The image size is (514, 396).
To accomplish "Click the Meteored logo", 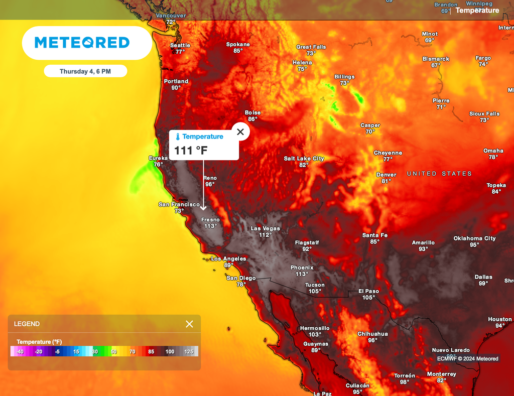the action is pyautogui.click(x=82, y=43).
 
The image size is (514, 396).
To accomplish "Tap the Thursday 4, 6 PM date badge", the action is pyautogui.click(x=85, y=71).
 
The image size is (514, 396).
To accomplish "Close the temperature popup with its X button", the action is pyautogui.click(x=240, y=132).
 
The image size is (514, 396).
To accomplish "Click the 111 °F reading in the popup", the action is pyautogui.click(x=191, y=150).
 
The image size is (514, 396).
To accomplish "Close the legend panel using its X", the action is pyautogui.click(x=189, y=324).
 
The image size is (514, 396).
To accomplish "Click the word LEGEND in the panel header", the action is pyautogui.click(x=27, y=324).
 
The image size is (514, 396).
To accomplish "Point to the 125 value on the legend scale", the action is pyautogui.click(x=189, y=351).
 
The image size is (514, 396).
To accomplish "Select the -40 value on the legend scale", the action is pyautogui.click(x=20, y=351).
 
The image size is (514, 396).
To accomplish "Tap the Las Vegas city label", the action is pyautogui.click(x=265, y=228).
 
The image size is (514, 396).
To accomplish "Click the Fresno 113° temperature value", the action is pyautogui.click(x=210, y=226).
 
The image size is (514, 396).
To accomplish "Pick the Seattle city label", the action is pyautogui.click(x=180, y=45).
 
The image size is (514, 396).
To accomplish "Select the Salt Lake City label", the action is pyautogui.click(x=304, y=159).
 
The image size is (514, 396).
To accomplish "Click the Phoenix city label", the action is pyautogui.click(x=302, y=268).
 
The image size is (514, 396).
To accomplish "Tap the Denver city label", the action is pyautogui.click(x=386, y=175).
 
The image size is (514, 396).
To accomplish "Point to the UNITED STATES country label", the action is pyautogui.click(x=439, y=174).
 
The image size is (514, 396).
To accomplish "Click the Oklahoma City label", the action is pyautogui.click(x=474, y=238).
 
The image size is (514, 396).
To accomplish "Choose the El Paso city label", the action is pyautogui.click(x=368, y=291).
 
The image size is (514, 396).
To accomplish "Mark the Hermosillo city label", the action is pyautogui.click(x=315, y=328).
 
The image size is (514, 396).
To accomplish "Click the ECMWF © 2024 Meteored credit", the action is pyautogui.click(x=467, y=358).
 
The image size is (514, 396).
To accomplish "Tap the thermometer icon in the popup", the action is pyautogui.click(x=178, y=137).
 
